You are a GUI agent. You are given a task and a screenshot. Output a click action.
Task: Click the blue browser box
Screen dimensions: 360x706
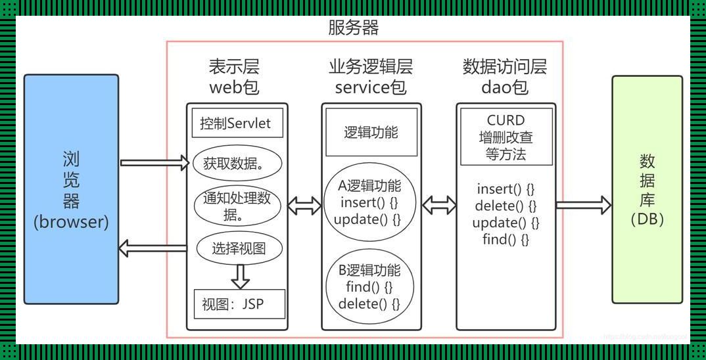point(71,189)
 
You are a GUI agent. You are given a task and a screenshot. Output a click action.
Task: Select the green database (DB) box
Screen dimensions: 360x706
point(647,189)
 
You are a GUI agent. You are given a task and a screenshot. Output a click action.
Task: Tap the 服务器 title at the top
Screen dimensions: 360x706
point(353,28)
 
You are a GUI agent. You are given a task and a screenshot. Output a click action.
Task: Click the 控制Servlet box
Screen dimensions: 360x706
point(237,124)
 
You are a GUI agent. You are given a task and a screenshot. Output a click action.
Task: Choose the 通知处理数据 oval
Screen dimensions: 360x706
point(237,206)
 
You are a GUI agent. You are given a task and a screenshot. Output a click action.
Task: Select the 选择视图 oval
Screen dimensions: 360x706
point(239,248)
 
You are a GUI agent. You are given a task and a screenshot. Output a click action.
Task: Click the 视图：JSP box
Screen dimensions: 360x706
point(239,305)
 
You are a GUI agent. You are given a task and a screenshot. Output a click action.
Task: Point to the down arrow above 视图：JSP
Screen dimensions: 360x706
point(241,275)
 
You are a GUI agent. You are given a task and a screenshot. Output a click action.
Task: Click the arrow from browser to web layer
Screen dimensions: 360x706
point(154,162)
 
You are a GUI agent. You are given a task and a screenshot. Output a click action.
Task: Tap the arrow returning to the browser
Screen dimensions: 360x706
point(153,248)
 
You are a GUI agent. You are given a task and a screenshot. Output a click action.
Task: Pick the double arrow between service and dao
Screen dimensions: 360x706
point(439,204)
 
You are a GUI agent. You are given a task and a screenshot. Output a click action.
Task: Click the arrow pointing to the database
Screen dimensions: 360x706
point(583,204)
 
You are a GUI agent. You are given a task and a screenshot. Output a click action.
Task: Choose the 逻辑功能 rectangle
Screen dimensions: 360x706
point(371,132)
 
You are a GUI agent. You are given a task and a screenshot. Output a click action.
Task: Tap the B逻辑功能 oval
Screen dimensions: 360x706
point(369,287)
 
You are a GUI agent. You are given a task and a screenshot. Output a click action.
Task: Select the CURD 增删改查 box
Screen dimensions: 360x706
point(506,137)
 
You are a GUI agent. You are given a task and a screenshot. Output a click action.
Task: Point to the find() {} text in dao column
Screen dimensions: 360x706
point(506,239)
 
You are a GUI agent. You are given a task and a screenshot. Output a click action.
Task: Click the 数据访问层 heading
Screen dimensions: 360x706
point(504,66)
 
